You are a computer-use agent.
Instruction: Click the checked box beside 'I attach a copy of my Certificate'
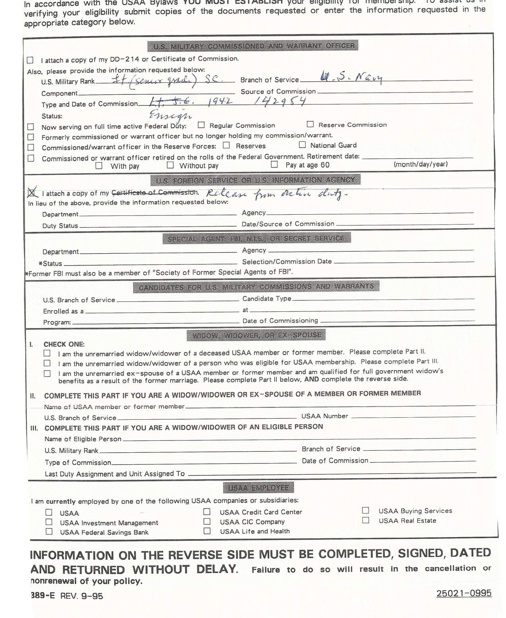[x=32, y=193]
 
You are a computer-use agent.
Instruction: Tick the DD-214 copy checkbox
[x=30, y=60]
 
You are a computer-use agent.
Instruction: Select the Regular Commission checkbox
[x=201, y=125]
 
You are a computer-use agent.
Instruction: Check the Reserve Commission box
[x=310, y=124]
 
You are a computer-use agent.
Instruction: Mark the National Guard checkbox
[x=302, y=145]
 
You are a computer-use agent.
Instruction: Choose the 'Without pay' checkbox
[x=170, y=165]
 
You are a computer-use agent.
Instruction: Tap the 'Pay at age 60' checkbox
[x=274, y=164]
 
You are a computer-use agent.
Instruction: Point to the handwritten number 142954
[x=280, y=102]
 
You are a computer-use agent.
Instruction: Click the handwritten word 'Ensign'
[x=170, y=115]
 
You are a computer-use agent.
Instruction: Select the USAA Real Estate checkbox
[x=366, y=520]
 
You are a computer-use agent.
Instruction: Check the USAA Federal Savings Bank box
[x=49, y=531]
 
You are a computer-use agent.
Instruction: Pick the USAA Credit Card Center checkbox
[x=207, y=511]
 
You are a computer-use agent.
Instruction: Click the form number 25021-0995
[x=464, y=593]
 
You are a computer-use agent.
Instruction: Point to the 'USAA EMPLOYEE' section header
[x=259, y=487]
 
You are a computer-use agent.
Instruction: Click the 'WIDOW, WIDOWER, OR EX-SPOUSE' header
[x=256, y=335]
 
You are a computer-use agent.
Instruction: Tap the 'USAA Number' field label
[x=325, y=416]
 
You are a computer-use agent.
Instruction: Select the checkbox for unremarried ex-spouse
[x=47, y=374]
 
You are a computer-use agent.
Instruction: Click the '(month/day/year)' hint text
[x=420, y=164]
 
